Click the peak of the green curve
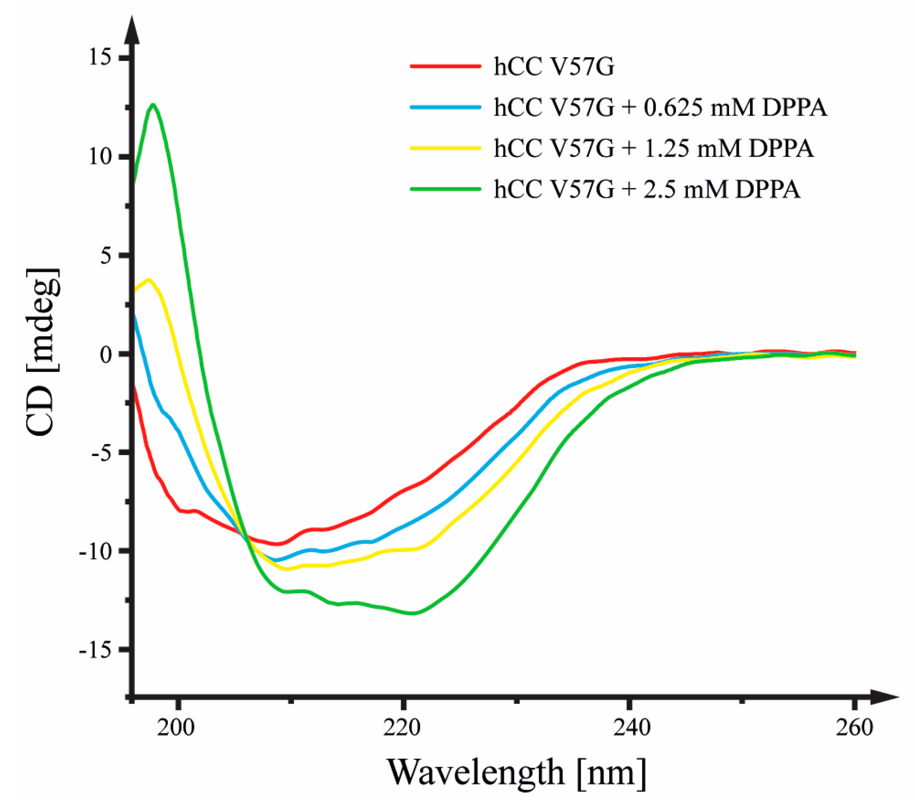154,104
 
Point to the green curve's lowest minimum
412,613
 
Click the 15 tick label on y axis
101,57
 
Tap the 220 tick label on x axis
402,727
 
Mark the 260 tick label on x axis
854,727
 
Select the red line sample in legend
445,66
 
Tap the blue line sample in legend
445,107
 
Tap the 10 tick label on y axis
101,156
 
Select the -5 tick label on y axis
102,453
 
